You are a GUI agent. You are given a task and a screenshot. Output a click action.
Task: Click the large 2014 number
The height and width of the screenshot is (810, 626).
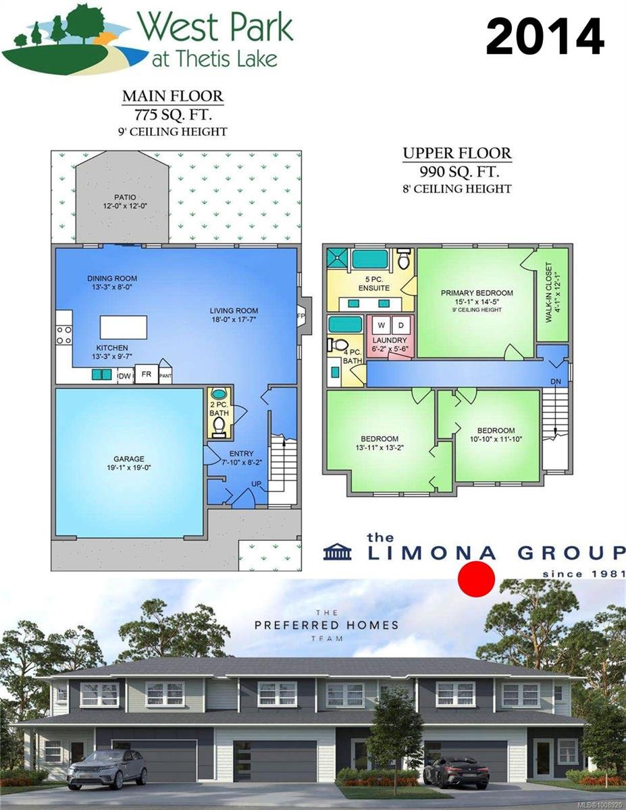[x=545, y=38]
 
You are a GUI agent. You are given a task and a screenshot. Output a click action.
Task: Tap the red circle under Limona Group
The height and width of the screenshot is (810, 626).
[x=476, y=579]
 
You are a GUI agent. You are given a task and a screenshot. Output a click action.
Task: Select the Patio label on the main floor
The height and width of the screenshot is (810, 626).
[x=125, y=197]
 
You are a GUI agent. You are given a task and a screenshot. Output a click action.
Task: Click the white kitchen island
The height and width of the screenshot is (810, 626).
[x=124, y=327]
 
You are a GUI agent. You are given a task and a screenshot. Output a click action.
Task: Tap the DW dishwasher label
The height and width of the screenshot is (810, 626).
[x=125, y=376]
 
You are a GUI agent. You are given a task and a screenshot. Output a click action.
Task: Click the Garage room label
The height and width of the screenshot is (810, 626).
[x=129, y=459]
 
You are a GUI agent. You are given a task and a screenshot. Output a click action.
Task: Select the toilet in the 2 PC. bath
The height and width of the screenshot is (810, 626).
[x=219, y=426]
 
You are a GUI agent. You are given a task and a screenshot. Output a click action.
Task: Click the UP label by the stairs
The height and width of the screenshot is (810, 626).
[x=256, y=484]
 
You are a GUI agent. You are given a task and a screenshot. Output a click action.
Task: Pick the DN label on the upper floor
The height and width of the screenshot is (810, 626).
[x=556, y=381]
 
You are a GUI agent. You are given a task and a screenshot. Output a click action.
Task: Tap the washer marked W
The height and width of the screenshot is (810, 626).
[x=381, y=325]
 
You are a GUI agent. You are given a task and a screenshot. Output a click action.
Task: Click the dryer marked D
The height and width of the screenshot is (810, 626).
[x=401, y=325]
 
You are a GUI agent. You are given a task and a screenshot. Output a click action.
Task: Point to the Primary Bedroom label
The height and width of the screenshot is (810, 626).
[x=477, y=293]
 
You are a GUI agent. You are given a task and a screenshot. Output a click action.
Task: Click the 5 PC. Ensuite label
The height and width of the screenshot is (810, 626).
[x=374, y=283]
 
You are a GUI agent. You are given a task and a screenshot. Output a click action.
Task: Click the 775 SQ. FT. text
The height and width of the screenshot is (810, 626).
[x=174, y=115]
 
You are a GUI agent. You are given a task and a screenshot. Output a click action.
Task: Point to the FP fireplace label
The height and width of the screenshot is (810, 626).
[x=301, y=316]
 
